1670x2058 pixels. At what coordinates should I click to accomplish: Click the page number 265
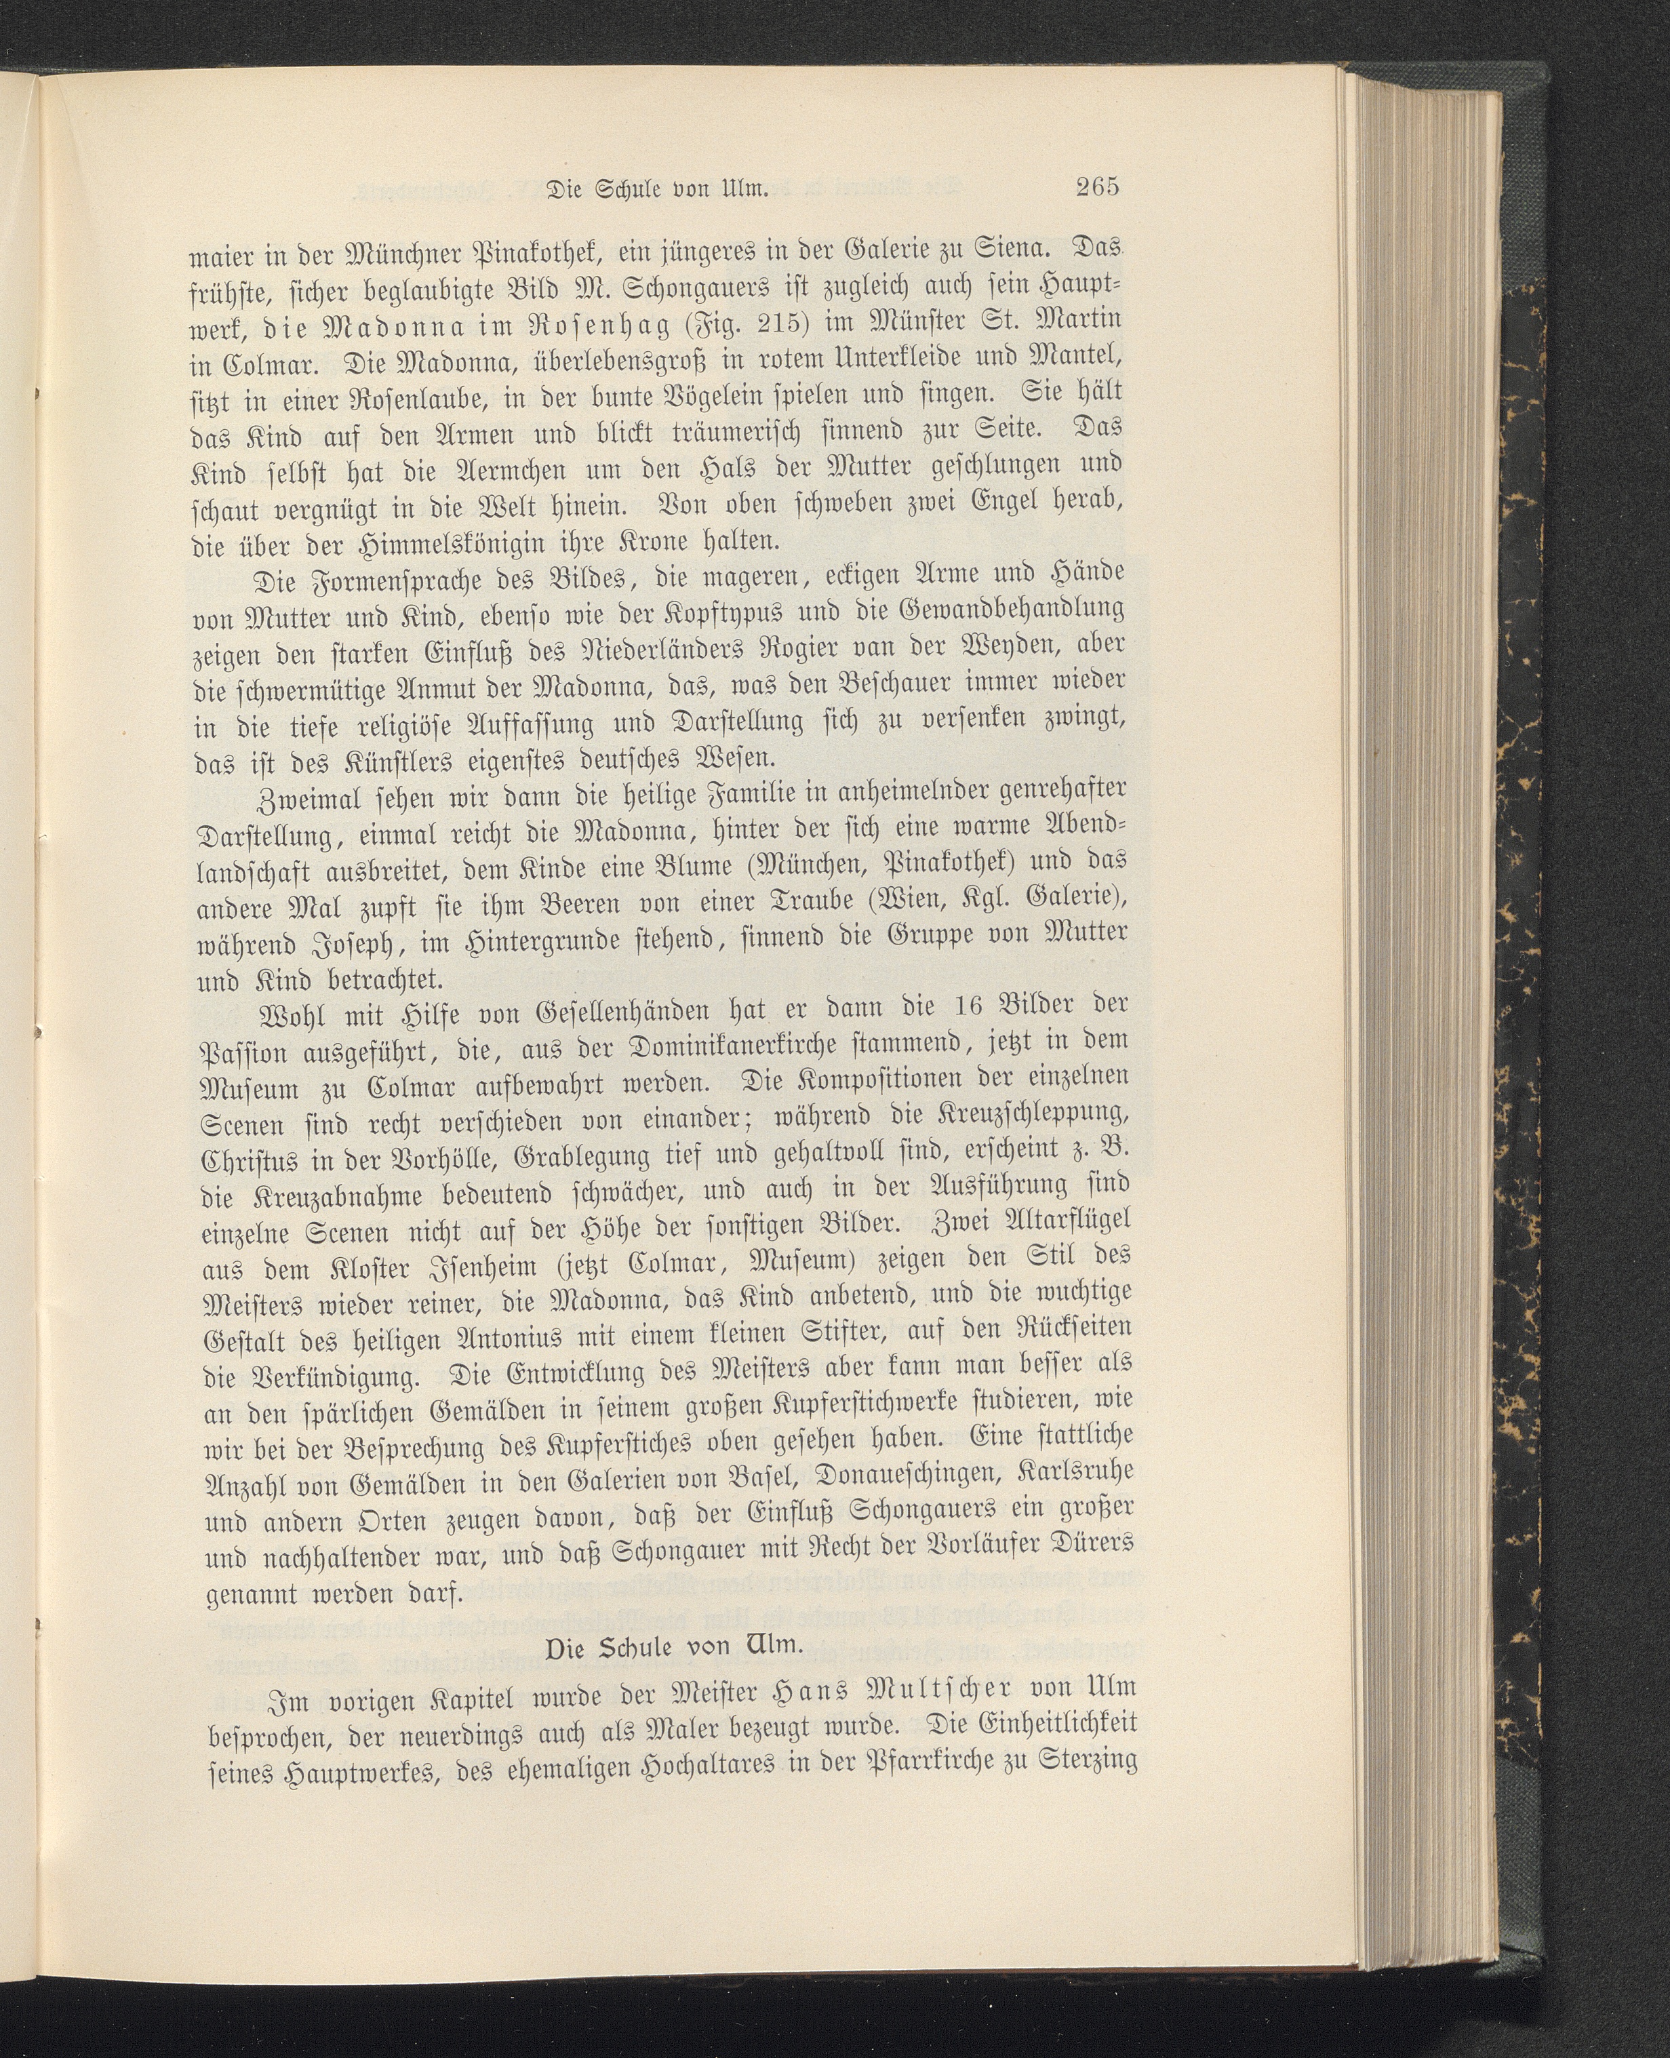[1098, 186]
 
